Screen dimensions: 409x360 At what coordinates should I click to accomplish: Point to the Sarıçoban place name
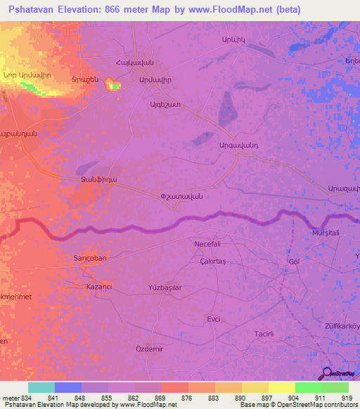pos(90,258)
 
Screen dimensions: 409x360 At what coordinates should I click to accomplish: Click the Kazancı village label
pos(99,289)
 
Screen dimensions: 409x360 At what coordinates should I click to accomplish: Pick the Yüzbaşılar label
pos(165,288)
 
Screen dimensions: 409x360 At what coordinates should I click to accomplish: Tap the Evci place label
pos(213,318)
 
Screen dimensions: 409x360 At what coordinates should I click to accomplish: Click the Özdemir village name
pos(149,349)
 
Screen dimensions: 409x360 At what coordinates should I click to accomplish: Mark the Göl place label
pos(294,261)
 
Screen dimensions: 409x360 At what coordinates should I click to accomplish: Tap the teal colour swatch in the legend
pos(41,387)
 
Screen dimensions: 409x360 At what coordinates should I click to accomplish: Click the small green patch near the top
pos(115,86)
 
